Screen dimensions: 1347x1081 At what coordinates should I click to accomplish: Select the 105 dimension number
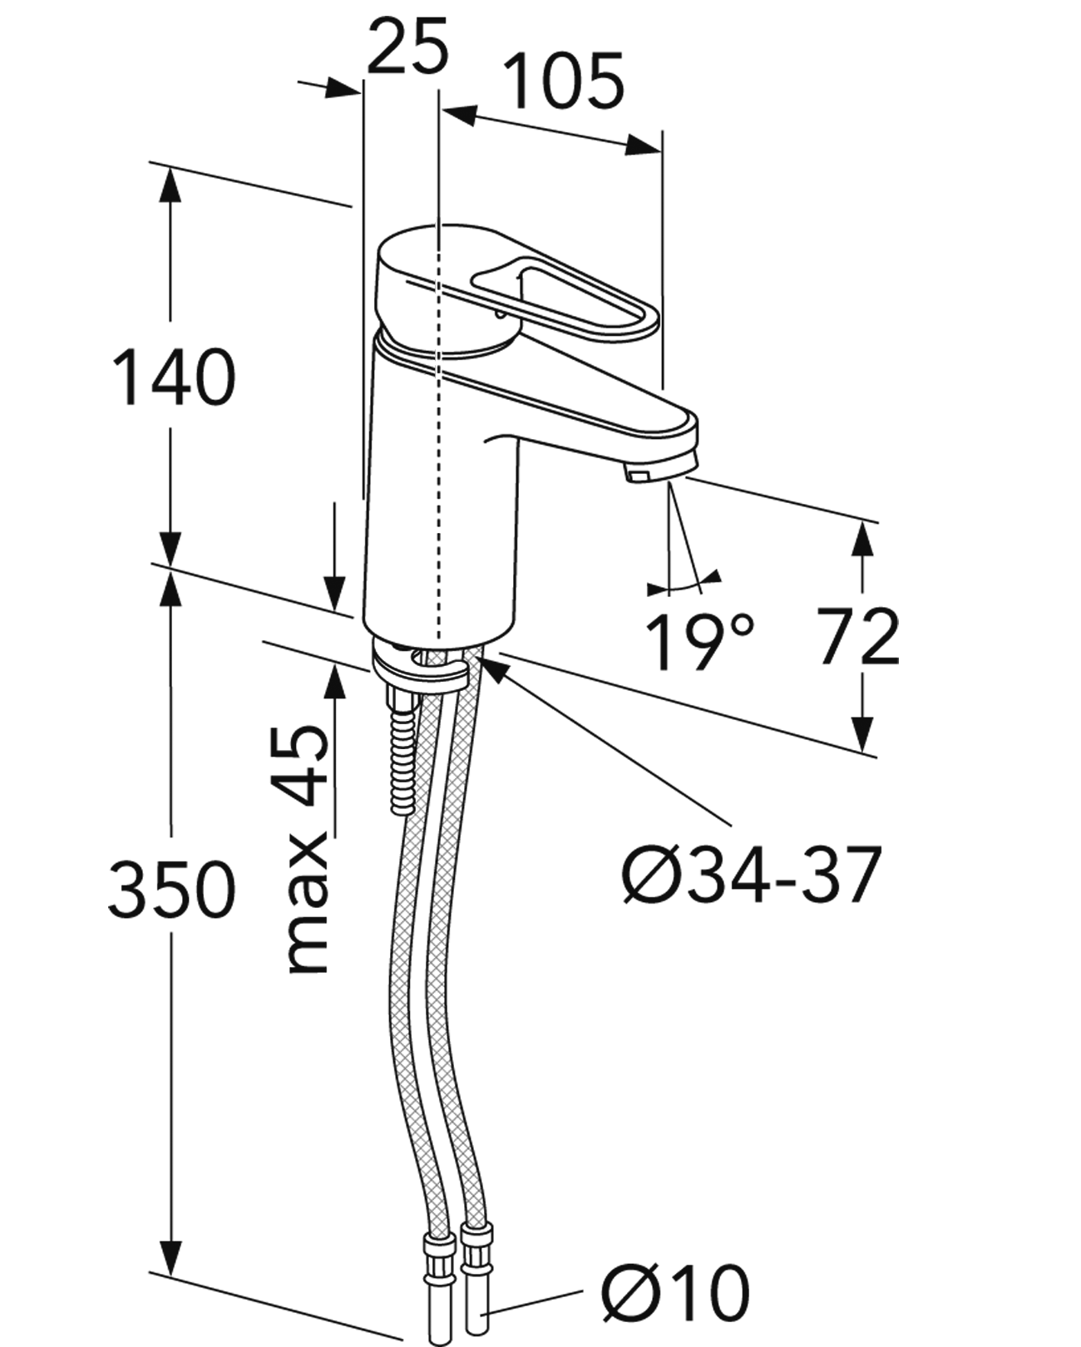pyautogui.click(x=565, y=81)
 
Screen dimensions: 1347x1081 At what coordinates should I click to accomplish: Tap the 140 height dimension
pyautogui.click(x=173, y=377)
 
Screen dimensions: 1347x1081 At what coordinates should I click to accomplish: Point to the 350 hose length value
pyautogui.click(x=172, y=889)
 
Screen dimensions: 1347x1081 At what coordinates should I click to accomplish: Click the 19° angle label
pyautogui.click(x=699, y=641)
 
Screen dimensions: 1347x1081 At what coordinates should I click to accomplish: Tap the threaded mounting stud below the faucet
pyautogui.click(x=402, y=748)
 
